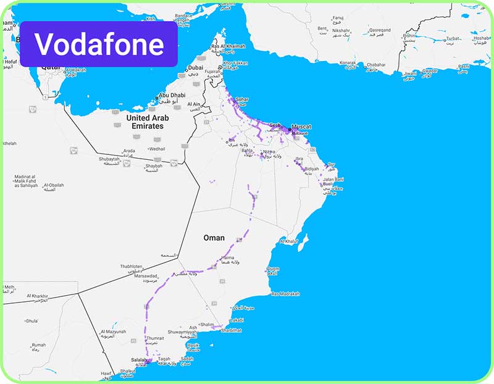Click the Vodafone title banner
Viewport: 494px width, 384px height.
coord(99,44)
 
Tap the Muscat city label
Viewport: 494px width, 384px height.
coord(301,127)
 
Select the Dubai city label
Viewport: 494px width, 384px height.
coord(196,68)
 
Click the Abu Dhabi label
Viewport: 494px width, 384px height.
coord(172,96)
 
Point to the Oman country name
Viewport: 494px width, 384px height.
coord(214,238)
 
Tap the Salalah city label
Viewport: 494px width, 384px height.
coord(140,359)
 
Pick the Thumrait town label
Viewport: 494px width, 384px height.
coord(155,338)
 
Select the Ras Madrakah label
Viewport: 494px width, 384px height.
coord(285,294)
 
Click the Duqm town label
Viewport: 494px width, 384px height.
coord(274,269)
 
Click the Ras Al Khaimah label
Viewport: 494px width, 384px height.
coord(228,46)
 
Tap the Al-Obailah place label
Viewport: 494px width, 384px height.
coord(53,185)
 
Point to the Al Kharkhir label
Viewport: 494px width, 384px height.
coord(38,296)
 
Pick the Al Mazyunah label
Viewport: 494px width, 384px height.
coord(113,332)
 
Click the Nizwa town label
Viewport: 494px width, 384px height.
coord(268,151)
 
